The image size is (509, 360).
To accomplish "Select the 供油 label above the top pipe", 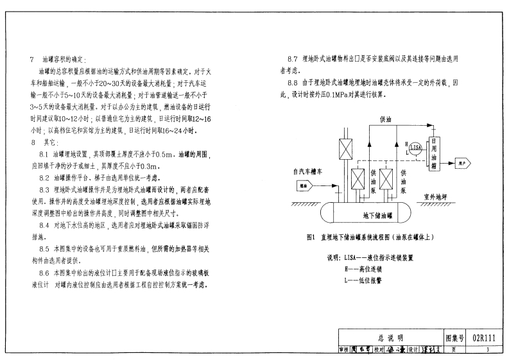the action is pyautogui.click(x=386, y=119).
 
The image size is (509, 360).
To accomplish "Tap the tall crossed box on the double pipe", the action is pyautogui.click(x=343, y=153).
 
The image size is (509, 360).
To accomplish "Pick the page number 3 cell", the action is pyautogui.click(x=487, y=349).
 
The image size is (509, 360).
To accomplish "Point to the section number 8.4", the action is pyautogui.click(x=44, y=226).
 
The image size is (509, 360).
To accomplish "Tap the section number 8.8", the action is pyautogui.click(x=293, y=83).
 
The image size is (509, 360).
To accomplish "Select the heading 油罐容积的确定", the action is pyautogui.click(x=68, y=59).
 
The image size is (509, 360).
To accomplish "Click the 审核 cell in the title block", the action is pyautogui.click(x=345, y=349).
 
